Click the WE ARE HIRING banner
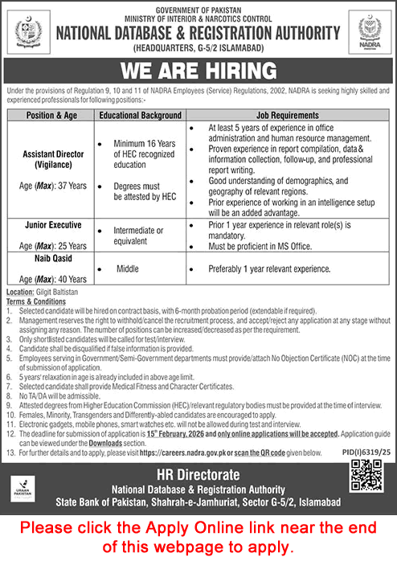pyautogui.click(x=198, y=70)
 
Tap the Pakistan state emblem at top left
pyautogui.click(x=28, y=33)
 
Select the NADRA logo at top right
pyautogui.click(x=369, y=33)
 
